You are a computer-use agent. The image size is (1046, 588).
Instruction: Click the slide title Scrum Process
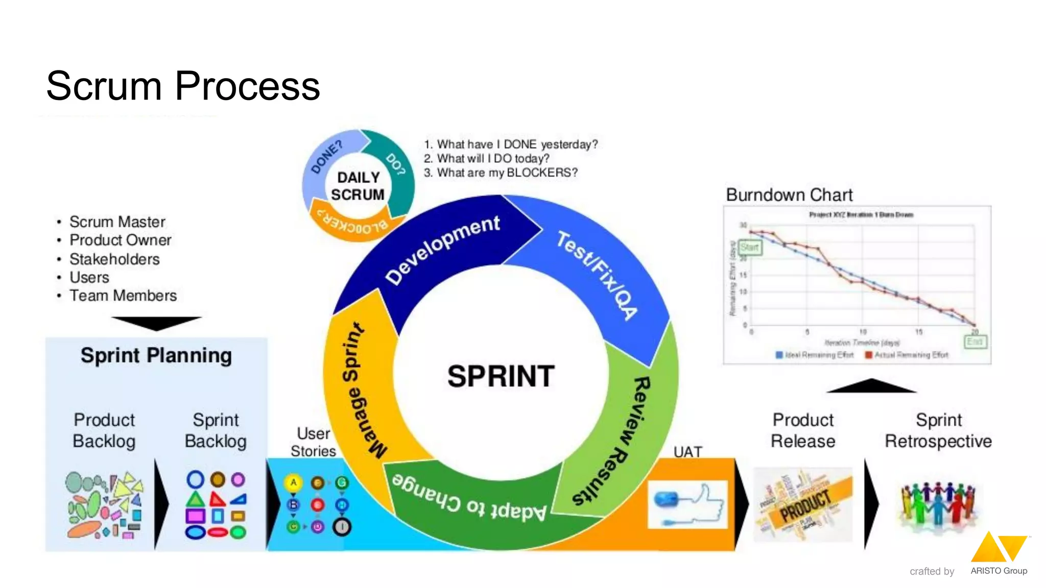click(183, 86)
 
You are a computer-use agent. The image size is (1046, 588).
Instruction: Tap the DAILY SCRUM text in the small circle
click(358, 186)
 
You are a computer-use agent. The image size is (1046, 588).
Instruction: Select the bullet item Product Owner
click(120, 240)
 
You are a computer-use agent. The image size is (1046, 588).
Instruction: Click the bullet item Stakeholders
click(114, 259)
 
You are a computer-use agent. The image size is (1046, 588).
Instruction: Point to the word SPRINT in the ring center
click(501, 377)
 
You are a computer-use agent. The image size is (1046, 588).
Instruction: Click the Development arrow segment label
click(442, 249)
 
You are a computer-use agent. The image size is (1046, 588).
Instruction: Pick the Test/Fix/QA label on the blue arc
click(597, 275)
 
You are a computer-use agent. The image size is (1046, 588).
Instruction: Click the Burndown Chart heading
click(789, 195)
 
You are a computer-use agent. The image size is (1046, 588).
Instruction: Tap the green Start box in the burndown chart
click(750, 248)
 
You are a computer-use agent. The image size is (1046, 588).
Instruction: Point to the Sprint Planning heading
click(156, 355)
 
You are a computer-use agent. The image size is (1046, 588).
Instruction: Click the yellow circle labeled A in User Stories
click(293, 482)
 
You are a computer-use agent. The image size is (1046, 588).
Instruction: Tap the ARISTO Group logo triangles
click(999, 547)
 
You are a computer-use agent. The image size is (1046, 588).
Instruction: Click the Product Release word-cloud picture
click(803, 504)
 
